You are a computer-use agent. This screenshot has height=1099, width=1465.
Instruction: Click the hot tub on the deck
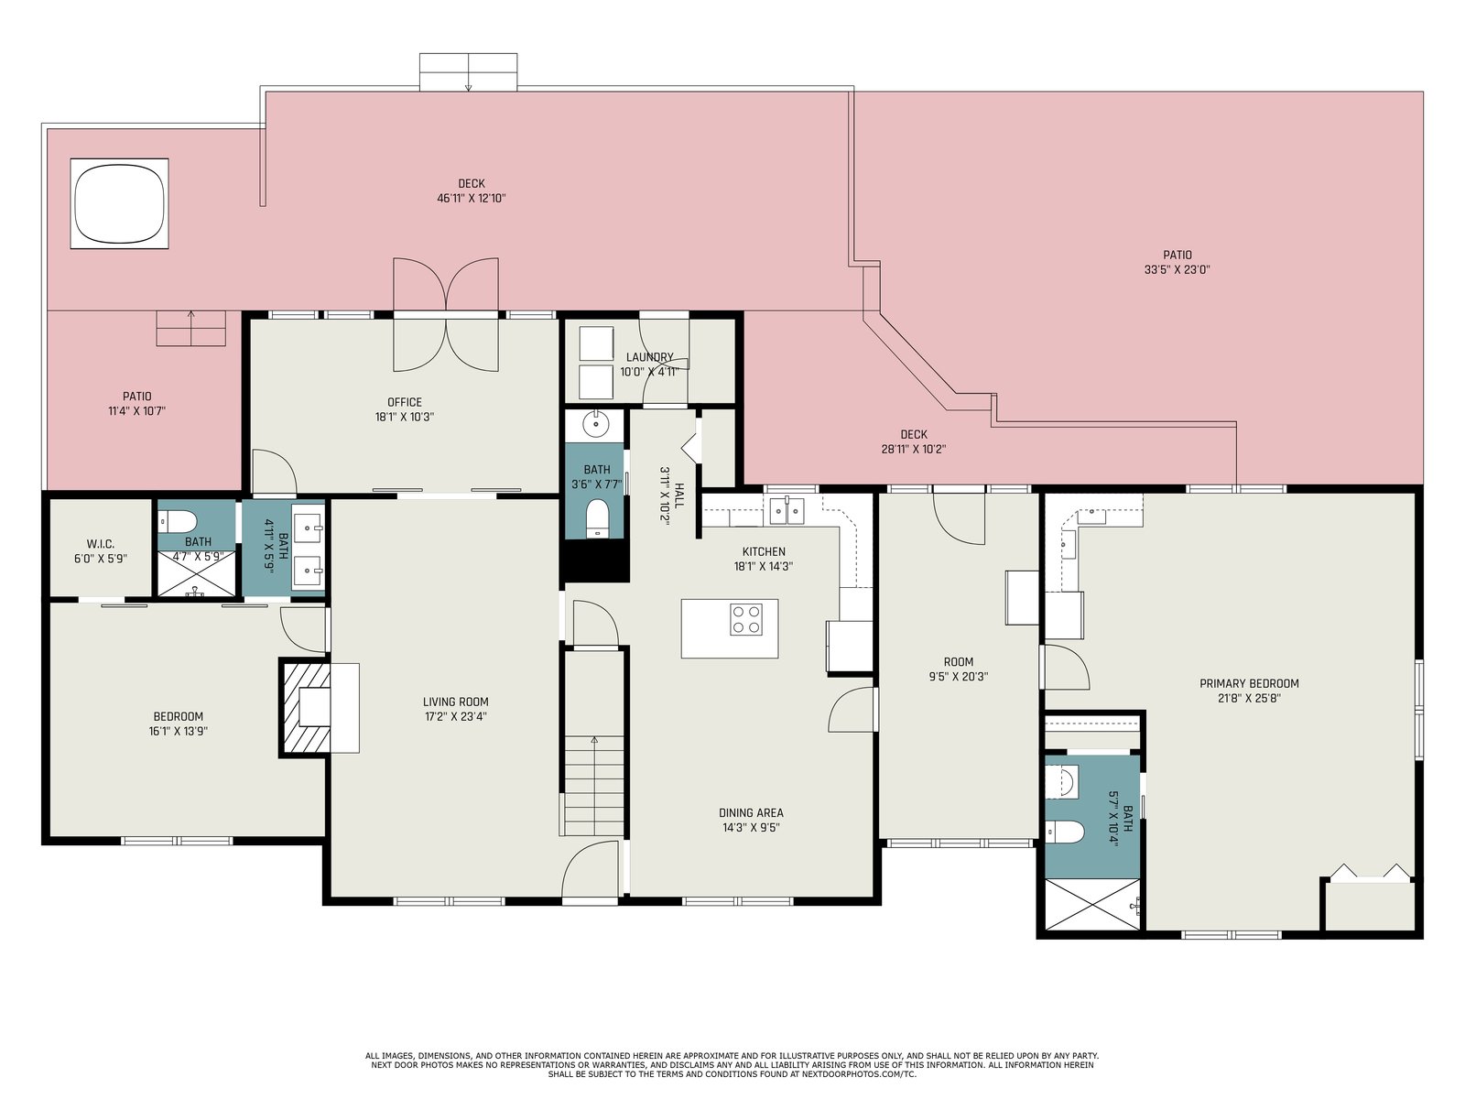119,203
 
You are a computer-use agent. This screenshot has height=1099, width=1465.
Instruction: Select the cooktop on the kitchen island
745,619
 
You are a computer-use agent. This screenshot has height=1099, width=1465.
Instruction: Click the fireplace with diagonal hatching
305,707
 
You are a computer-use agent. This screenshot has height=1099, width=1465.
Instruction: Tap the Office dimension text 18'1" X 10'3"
405,417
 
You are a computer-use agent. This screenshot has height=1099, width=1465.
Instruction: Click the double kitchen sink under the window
787,510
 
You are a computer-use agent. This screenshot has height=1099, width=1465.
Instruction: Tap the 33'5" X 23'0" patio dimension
1177,269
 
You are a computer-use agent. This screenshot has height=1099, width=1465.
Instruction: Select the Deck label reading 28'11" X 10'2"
914,441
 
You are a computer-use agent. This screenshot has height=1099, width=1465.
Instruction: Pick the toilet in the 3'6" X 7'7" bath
597,519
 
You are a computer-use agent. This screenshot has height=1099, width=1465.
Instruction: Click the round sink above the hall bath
593,424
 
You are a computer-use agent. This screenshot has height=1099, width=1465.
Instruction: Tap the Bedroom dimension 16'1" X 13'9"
179,731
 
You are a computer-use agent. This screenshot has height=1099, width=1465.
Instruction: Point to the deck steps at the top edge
468,72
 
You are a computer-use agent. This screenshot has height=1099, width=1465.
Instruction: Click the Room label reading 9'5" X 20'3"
959,669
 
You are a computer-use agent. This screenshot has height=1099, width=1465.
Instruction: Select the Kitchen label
764,552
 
